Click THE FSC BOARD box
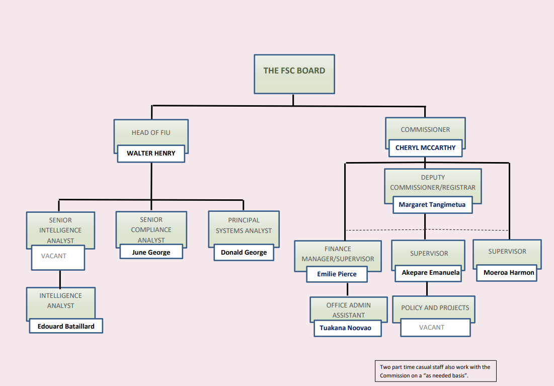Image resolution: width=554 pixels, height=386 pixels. point(294,73)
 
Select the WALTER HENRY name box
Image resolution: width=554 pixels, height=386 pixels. point(151,153)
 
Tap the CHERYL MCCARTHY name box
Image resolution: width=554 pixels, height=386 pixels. point(425,148)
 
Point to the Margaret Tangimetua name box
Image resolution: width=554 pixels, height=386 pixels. point(432,205)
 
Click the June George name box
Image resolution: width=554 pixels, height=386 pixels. point(151,252)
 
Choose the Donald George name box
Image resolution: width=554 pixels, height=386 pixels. point(244,253)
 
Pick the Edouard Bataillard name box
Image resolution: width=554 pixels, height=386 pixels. point(65,326)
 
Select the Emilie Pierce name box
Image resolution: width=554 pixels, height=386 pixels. point(337,274)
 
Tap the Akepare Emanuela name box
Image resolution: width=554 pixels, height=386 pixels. point(430,273)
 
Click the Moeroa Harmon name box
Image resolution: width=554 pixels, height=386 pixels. point(509,273)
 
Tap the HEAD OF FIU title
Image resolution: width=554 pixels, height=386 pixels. point(151,133)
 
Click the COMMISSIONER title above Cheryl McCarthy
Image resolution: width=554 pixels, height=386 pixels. point(425,130)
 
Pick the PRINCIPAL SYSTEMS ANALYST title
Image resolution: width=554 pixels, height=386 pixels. point(244,225)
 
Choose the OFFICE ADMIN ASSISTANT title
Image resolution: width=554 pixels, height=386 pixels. point(349,310)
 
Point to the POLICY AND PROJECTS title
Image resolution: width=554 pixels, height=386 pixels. point(435,307)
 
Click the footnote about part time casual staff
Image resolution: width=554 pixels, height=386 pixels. point(435,371)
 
